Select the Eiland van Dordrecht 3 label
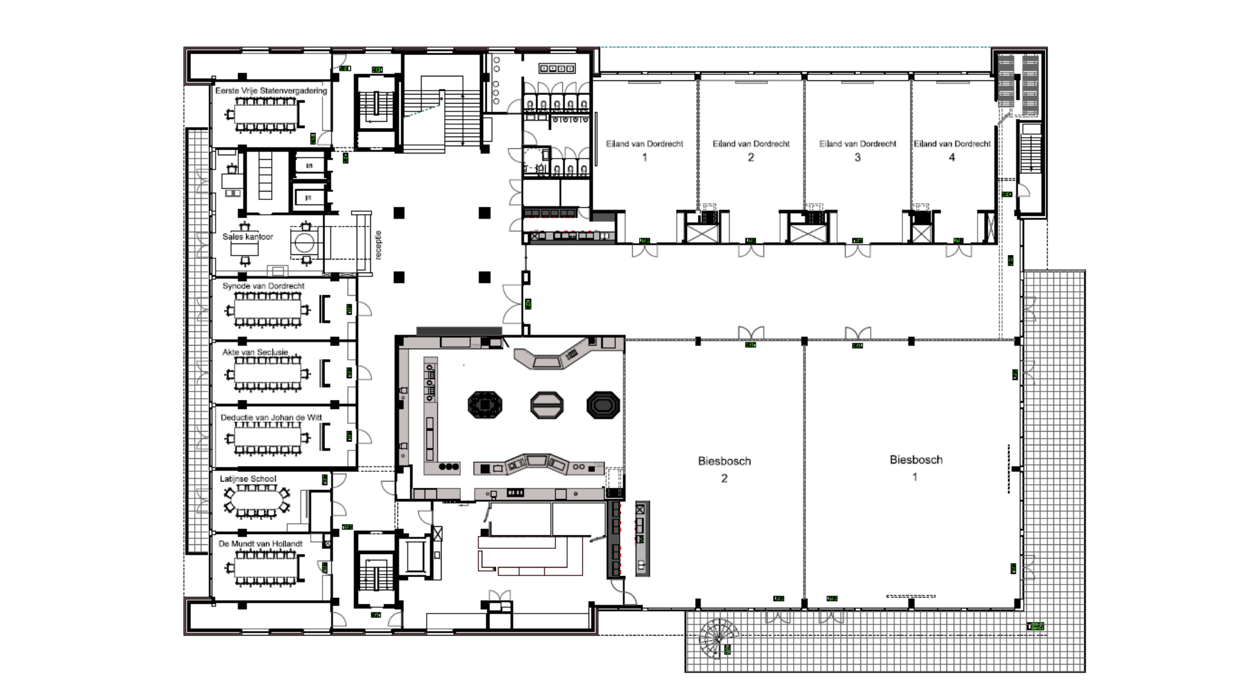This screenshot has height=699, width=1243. point(857,150)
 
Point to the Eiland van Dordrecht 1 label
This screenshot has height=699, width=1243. point(644,150)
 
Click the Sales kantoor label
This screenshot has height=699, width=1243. point(247,237)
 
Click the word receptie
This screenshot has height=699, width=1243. point(379,245)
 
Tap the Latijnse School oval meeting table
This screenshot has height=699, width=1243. point(257,500)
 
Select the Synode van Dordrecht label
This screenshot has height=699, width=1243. point(263,285)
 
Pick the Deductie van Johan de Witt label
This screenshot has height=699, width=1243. point(271,417)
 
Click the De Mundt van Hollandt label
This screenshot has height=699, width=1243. point(260,544)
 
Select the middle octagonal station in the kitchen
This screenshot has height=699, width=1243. point(546,406)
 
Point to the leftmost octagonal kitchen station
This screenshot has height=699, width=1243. point(486,405)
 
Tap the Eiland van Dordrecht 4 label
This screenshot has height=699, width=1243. point(952,150)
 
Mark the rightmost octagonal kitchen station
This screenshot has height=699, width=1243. point(603,406)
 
